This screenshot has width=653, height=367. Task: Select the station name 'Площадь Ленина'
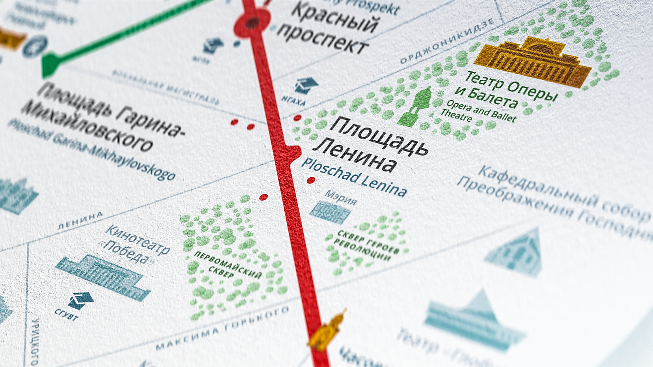[371, 144]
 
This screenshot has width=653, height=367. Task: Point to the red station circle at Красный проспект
[252, 23]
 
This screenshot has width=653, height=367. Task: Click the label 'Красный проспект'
[328, 29]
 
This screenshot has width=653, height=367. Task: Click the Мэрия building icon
[330, 213]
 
